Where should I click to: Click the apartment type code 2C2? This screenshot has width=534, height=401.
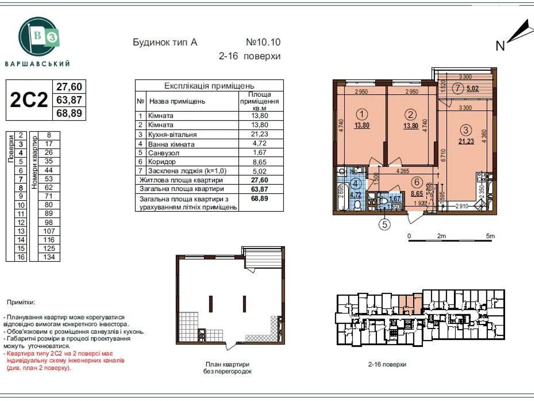click(x=29, y=100)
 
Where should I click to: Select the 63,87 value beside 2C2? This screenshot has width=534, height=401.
click(x=69, y=100)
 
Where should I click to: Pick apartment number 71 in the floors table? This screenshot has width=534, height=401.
click(x=49, y=196)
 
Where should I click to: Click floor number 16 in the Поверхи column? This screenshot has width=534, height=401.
click(x=21, y=257)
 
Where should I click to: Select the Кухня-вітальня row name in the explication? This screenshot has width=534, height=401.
click(x=172, y=134)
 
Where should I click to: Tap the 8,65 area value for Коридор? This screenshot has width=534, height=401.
click(x=259, y=162)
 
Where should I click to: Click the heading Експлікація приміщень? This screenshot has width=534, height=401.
click(x=209, y=86)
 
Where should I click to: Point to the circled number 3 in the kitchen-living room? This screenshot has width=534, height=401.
click(x=466, y=130)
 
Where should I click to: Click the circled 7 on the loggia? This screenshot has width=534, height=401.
click(x=458, y=89)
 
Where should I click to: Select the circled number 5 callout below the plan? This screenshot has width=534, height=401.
click(x=384, y=224)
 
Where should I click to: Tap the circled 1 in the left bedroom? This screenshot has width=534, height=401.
click(x=362, y=115)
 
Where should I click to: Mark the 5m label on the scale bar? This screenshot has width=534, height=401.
click(x=490, y=236)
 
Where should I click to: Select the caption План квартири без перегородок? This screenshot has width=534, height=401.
click(x=227, y=368)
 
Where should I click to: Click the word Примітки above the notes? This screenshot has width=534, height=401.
click(x=21, y=302)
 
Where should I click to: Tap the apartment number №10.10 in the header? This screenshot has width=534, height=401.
click(x=263, y=42)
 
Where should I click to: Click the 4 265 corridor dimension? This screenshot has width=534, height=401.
click(x=403, y=171)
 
